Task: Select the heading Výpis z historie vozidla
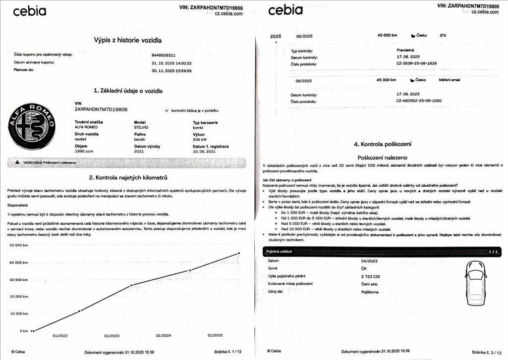pos(128,40)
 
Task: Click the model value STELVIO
pos(142,127)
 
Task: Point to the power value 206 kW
pos(200,140)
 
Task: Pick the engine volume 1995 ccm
pos(84,151)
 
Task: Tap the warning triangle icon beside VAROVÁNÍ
pos(17,162)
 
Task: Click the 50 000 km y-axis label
pos(18,245)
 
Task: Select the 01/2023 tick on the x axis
pos(112,336)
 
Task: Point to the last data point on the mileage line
pos(238,253)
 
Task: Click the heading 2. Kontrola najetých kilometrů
pos(128,177)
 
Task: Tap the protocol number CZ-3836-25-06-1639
pos(416,64)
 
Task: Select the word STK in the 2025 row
pos(443,36)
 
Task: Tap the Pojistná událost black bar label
pos(280,252)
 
